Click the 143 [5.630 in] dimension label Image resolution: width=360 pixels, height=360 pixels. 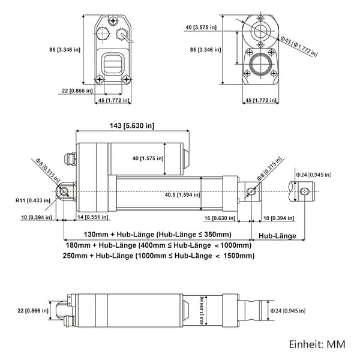[x=130, y=125]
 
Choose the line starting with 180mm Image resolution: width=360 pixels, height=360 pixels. [x=157, y=245]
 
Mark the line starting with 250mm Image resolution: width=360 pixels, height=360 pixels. [x=158, y=256]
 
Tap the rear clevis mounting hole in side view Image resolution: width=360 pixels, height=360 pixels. [x=64, y=191]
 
